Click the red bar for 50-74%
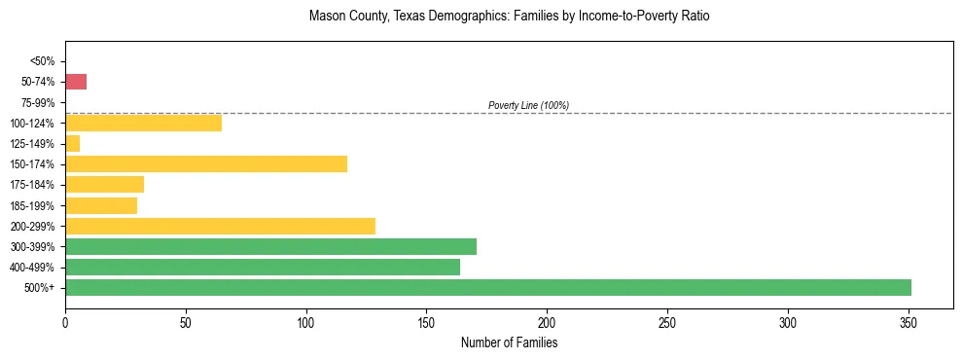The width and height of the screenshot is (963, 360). click(76, 82)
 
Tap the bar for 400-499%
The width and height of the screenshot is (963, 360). click(263, 267)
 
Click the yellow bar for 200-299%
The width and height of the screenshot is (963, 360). click(220, 226)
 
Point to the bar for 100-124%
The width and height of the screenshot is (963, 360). click(143, 123)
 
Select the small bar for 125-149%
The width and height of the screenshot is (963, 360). click(72, 143)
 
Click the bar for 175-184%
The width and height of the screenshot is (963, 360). click(104, 184)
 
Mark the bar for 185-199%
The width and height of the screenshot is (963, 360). click(101, 205)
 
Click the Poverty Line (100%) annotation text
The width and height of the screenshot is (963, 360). click(528, 105)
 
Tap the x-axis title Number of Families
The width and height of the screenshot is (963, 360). click(509, 342)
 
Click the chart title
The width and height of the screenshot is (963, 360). click(509, 17)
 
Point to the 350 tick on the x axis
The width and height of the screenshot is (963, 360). click(909, 321)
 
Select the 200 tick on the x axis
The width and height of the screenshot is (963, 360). click(548, 321)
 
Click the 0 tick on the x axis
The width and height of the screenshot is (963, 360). click(65, 321)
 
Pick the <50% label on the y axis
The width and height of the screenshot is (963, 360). click(43, 61)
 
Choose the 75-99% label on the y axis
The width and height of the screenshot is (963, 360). click(39, 102)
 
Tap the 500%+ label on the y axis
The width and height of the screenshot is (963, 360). click(40, 287)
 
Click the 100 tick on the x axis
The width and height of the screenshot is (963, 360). click(306, 321)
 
